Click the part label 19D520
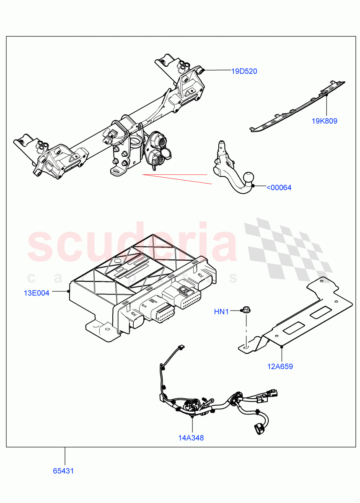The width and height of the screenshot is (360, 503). coord(244,71)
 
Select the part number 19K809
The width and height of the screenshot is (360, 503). coord(324,121)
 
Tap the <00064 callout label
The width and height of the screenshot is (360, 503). coord(279,187)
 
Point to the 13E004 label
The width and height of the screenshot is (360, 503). coord(36,293)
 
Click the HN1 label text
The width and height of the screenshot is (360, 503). coord(222,311)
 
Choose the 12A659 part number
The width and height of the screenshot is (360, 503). coord(280,366)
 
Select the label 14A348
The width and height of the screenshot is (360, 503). coord(191,438)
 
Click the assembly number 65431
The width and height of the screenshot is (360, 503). coord(63,471)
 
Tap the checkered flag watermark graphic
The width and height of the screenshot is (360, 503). coord(289,251)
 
